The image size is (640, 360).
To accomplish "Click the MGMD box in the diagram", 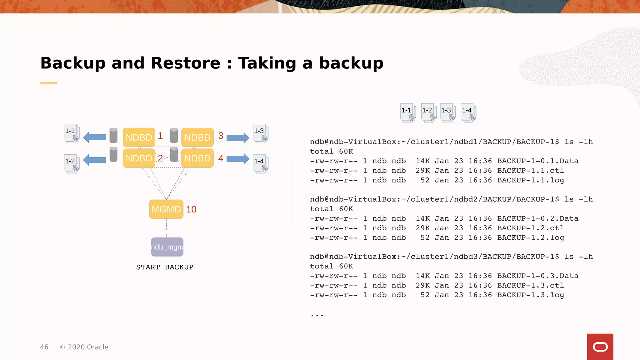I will (166, 209).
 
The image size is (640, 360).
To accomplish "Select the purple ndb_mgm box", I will (167, 247).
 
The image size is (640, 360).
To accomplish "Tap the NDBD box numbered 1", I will (139, 137).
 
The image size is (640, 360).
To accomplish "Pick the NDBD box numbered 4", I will (197, 158).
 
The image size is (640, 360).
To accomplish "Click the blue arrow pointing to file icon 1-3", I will (237, 137).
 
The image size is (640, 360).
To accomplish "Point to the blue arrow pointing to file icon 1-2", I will (95, 160).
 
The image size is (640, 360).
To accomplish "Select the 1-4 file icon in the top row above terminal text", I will (468, 112).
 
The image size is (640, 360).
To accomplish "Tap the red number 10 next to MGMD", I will (191, 209).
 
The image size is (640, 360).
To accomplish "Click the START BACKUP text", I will (165, 267).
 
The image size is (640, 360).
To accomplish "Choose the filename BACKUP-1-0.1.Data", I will (537, 161).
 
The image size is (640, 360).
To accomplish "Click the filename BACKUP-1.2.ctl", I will (530, 228).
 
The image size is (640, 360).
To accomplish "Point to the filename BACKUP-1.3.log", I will (530, 295).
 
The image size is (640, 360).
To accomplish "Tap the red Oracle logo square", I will (600, 347).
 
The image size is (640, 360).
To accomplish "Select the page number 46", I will (44, 347).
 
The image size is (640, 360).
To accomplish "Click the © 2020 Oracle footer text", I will (84, 347).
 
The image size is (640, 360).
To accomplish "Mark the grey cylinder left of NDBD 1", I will (113, 135).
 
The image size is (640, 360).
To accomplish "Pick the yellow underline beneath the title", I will (48, 83).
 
